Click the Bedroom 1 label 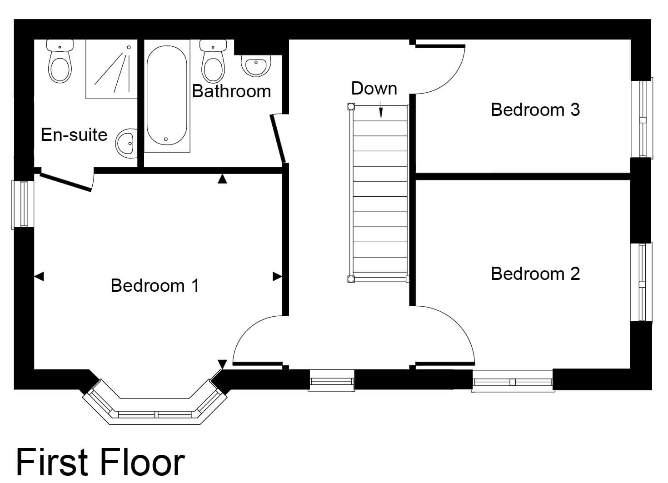155,286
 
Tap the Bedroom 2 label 535,274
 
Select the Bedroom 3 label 535,110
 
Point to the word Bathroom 231,91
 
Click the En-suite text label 74,135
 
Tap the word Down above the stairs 374,89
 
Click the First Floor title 100,463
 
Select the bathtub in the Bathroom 167,95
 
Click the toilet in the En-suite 60,61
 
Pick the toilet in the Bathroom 213,61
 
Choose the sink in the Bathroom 256,65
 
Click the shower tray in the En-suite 111,69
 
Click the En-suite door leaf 66,182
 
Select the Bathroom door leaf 278,139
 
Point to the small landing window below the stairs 332,380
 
